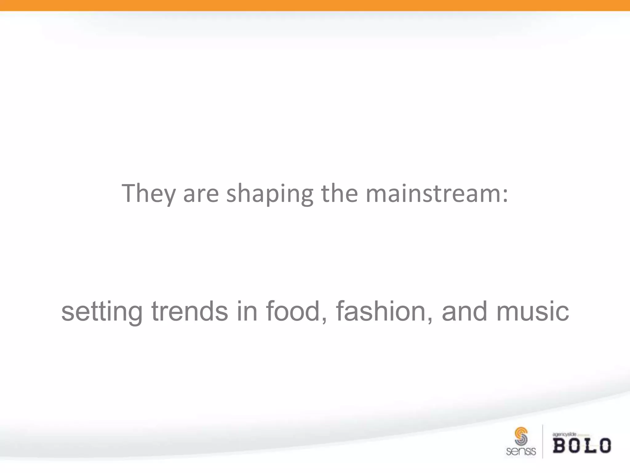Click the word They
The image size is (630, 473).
tap(148, 193)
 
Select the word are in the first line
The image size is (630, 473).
tap(201, 194)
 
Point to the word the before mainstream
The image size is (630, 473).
tap(339, 193)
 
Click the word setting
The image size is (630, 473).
tap(102, 312)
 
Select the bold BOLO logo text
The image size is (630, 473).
tap(582, 446)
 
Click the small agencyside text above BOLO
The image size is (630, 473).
tap(564, 434)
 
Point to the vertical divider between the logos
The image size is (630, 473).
tap(543, 441)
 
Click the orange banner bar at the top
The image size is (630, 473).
tap(315, 5)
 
